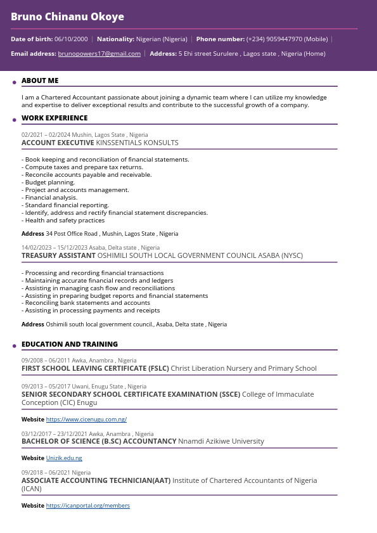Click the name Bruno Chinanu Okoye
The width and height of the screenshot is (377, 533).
point(67,16)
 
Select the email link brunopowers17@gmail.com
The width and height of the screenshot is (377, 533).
point(99,54)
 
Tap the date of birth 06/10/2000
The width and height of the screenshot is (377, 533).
point(71,39)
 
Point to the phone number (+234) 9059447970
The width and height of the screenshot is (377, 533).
point(274,39)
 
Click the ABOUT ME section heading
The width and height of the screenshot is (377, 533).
point(40,80)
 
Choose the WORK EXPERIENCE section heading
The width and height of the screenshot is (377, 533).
point(54,118)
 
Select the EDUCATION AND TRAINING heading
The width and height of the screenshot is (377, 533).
point(70,344)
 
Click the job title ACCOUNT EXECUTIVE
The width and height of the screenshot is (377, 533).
point(58,143)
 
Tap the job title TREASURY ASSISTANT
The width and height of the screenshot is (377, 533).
point(58,255)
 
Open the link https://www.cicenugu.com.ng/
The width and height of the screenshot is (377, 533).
point(86,420)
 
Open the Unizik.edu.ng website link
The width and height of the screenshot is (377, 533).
point(64,458)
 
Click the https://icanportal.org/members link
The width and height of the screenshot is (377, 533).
point(87,506)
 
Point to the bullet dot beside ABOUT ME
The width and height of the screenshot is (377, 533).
point(15,82)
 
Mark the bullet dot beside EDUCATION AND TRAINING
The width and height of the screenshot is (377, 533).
point(15,346)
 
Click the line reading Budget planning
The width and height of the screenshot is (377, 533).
point(49,183)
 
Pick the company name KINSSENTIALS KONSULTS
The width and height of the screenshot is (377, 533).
point(137,143)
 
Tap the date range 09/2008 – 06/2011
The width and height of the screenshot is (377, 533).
point(45,361)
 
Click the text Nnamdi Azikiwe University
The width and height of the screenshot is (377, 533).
point(220,441)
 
